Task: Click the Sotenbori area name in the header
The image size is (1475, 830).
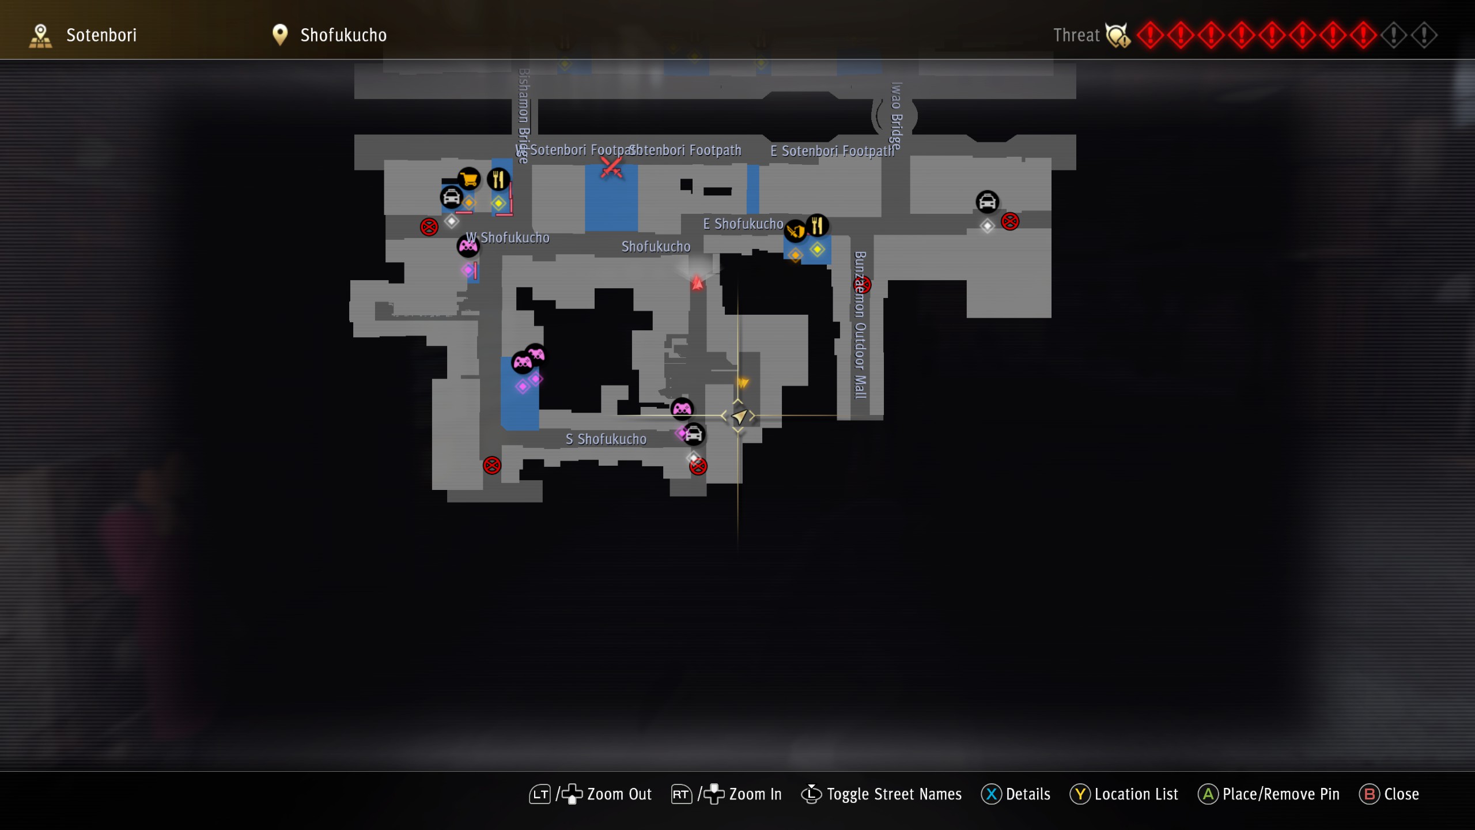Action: (x=101, y=35)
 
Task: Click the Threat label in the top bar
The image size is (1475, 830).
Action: (x=1076, y=35)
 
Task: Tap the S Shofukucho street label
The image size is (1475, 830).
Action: (x=606, y=439)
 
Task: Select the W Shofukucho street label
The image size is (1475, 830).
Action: (x=508, y=237)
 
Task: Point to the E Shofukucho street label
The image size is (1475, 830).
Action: (x=743, y=224)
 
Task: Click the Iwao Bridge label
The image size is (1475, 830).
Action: (x=896, y=116)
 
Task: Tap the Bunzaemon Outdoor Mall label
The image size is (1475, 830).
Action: (x=860, y=325)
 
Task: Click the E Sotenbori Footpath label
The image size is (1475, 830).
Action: (x=832, y=151)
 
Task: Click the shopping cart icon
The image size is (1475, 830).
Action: (x=469, y=179)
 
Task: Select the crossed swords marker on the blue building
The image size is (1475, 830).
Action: (x=611, y=168)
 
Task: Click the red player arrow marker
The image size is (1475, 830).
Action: (x=697, y=282)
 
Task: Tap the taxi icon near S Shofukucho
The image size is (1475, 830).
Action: (x=694, y=434)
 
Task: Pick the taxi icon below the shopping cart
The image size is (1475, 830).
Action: (x=451, y=197)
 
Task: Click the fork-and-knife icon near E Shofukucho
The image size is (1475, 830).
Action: (x=817, y=225)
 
